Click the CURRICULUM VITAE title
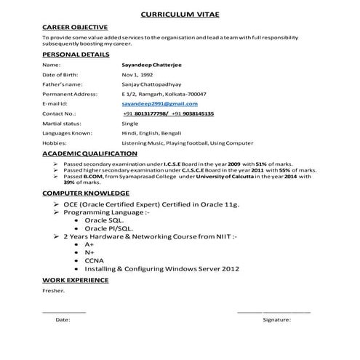pyautogui.click(x=179, y=14)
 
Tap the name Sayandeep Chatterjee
pyautogui.click(x=153, y=65)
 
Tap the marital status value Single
pyautogui.click(x=130, y=124)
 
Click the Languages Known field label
pyautogui.click(x=68, y=134)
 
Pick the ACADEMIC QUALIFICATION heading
pyautogui.click(x=89, y=153)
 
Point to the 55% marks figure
pyautogui.click(x=286, y=171)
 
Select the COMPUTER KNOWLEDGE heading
pyautogui.click(x=86, y=193)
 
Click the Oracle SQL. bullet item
pyautogui.click(x=103, y=220)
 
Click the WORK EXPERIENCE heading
pyautogui.click(x=76, y=280)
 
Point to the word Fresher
pyautogui.click(x=53, y=291)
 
